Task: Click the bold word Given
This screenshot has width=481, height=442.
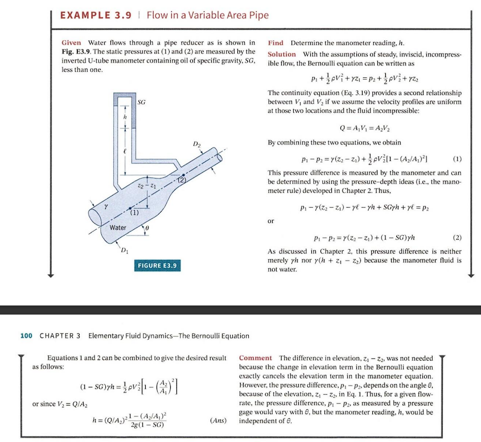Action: pos(71,43)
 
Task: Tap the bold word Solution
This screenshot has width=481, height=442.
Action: pos(282,54)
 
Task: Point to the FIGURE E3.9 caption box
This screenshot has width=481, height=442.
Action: pos(158,265)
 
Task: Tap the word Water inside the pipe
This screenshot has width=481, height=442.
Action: pos(118,228)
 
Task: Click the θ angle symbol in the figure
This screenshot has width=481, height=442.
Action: pos(147,227)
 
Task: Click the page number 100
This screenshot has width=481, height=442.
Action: pos(26,336)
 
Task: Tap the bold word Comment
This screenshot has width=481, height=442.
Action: pos(256,358)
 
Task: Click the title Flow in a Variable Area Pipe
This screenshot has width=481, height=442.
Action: pos(207,15)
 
